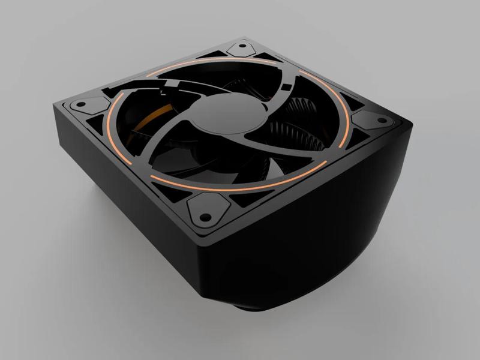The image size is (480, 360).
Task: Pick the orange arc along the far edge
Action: coord(180,71)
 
